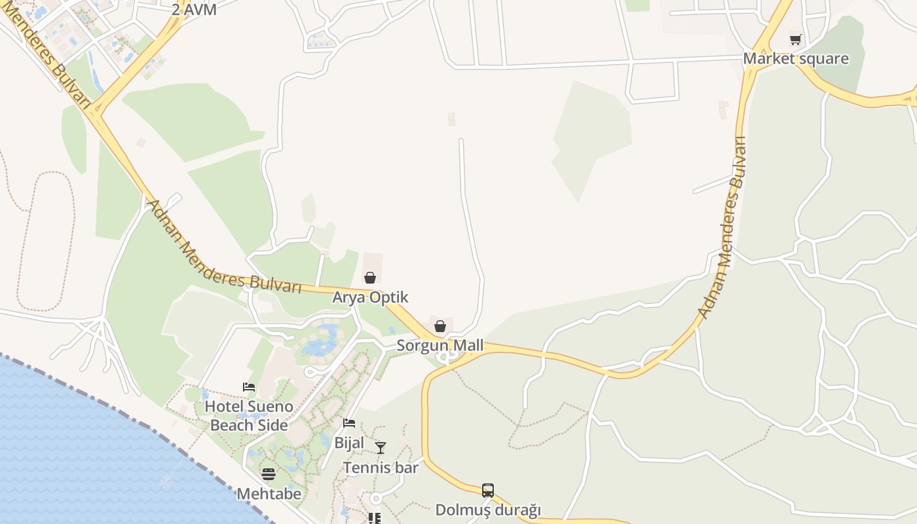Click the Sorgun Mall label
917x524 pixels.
[440, 345]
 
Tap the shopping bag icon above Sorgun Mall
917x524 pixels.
[440, 326]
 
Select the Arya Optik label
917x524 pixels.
[370, 297]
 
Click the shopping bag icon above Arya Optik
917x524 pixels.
[370, 278]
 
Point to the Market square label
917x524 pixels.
[795, 58]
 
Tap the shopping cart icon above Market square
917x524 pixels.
[795, 39]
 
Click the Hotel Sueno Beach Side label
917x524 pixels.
[249, 415]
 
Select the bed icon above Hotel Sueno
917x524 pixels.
[249, 387]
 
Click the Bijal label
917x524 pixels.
[349, 442]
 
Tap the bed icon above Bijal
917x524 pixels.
[349, 423]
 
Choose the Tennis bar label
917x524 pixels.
[381, 467]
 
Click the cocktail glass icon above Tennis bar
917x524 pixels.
[381, 448]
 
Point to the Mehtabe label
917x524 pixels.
[269, 493]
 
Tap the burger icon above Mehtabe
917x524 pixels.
[269, 474]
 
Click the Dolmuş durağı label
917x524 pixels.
[488, 510]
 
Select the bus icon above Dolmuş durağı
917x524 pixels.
[488, 490]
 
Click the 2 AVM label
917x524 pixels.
[194, 10]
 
